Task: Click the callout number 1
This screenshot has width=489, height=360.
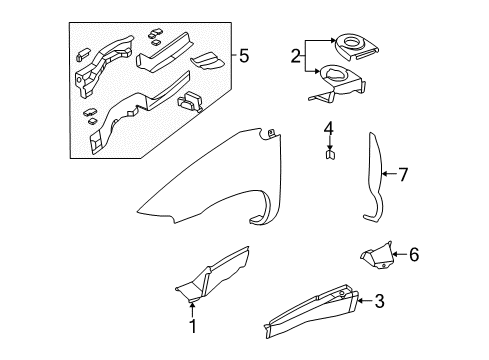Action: pos(193,326)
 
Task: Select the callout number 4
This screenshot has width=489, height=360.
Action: pos(328,128)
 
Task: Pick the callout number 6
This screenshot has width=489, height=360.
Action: pos(412,254)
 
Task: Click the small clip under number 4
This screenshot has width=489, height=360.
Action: pos(328,155)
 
